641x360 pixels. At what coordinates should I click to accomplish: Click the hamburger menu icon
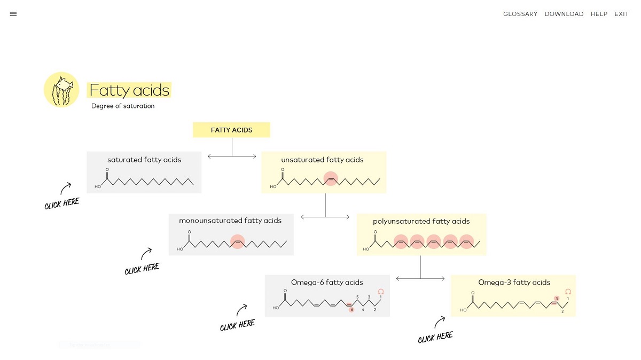pyautogui.click(x=13, y=14)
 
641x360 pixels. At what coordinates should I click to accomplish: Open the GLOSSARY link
pyautogui.click(x=520, y=14)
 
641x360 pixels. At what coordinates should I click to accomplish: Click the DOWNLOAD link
pyautogui.click(x=564, y=14)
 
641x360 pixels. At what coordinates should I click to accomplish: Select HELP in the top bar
pyautogui.click(x=599, y=14)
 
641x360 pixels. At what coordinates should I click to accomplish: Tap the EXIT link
pyautogui.click(x=621, y=14)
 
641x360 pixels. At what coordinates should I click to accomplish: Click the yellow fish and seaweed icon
pyautogui.click(x=61, y=90)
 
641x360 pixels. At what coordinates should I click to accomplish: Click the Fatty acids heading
pyautogui.click(x=129, y=90)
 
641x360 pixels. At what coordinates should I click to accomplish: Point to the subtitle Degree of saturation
pyautogui.click(x=123, y=106)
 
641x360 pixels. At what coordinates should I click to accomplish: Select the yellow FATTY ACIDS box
pyautogui.click(x=231, y=130)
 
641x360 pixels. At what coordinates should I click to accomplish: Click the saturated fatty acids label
pyautogui.click(x=144, y=160)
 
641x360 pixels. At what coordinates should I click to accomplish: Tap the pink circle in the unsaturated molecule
pyautogui.click(x=331, y=179)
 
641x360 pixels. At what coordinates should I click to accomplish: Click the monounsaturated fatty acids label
pyautogui.click(x=230, y=221)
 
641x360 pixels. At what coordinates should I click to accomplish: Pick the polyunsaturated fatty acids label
pyautogui.click(x=421, y=221)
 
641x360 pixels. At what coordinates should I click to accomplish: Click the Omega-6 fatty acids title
pyautogui.click(x=327, y=283)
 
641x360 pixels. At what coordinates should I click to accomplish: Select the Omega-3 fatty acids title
pyautogui.click(x=514, y=283)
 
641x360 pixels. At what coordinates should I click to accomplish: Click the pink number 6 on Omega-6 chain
pyautogui.click(x=351, y=310)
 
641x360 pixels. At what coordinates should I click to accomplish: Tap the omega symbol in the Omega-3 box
pyautogui.click(x=568, y=292)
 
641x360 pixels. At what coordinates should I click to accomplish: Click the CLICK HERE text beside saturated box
pyautogui.click(x=62, y=204)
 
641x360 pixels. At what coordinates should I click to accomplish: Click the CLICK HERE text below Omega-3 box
pyautogui.click(x=435, y=337)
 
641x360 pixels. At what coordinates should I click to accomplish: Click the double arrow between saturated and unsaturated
pyautogui.click(x=232, y=156)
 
